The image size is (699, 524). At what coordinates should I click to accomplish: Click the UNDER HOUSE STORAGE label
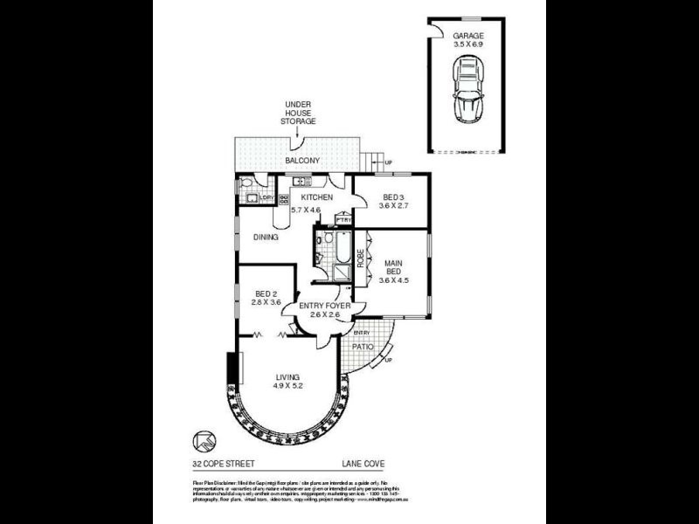[x=298, y=113]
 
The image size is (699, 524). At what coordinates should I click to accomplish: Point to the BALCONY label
[x=302, y=162]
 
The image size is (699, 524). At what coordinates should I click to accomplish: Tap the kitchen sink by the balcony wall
[x=300, y=182]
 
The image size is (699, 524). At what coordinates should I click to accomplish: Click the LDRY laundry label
[x=266, y=198]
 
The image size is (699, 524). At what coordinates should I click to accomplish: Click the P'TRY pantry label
[x=343, y=220]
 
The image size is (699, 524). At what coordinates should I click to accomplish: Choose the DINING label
[x=266, y=237]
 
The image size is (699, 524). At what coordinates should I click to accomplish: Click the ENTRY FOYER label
[x=325, y=307]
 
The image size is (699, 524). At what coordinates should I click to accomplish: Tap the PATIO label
[x=363, y=347]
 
